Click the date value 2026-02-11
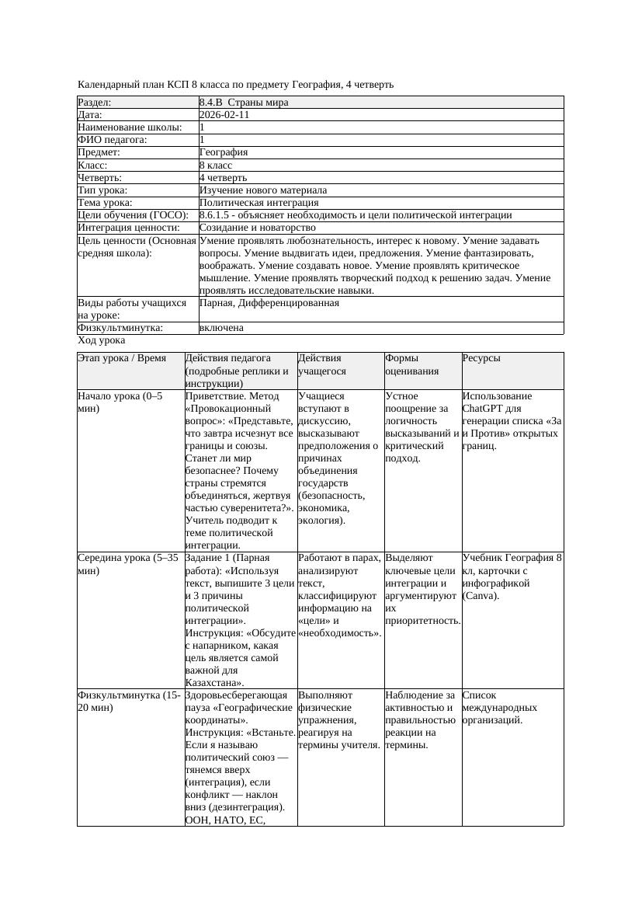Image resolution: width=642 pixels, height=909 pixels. pyautogui.click(x=224, y=115)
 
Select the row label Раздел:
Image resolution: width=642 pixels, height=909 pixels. pyautogui.click(x=95, y=103)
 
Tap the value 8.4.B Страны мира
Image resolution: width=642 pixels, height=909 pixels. pyautogui.click(x=244, y=103)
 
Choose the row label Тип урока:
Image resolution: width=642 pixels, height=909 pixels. pyautogui.click(x=103, y=190)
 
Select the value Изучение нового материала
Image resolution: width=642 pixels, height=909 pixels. pyautogui.click(x=263, y=190)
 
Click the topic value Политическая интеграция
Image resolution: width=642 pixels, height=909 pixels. pyautogui.click(x=254, y=203)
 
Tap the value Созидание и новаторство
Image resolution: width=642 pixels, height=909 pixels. pyautogui.click(x=257, y=228)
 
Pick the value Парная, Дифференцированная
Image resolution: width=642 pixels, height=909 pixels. pyautogui.click(x=269, y=303)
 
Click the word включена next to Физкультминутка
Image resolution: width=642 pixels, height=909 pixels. pyautogui.click(x=221, y=328)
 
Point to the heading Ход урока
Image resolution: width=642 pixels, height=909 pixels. pyautogui.click(x=102, y=340)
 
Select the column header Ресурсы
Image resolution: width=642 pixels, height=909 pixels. pyautogui.click(x=481, y=358)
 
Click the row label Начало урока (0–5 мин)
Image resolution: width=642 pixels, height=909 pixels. pyautogui.click(x=120, y=402)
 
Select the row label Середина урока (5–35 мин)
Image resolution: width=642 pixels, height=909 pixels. pyautogui.click(x=128, y=564)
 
